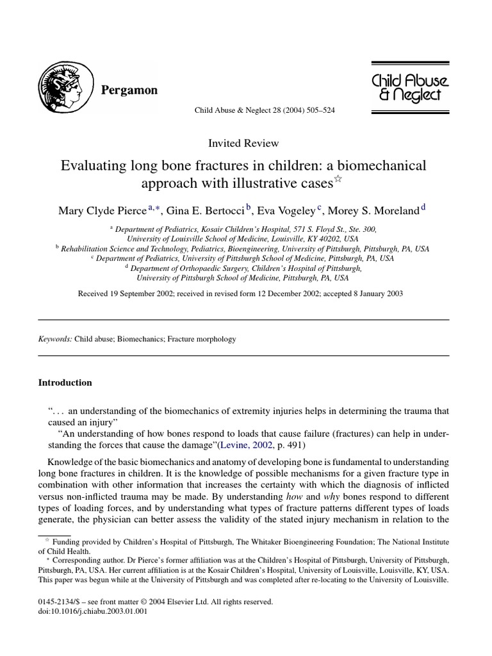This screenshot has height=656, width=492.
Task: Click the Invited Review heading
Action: point(243,143)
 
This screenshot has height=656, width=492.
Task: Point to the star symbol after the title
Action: point(338,180)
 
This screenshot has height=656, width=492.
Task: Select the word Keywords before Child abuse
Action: point(56,338)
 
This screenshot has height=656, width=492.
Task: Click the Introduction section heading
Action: point(65,382)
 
